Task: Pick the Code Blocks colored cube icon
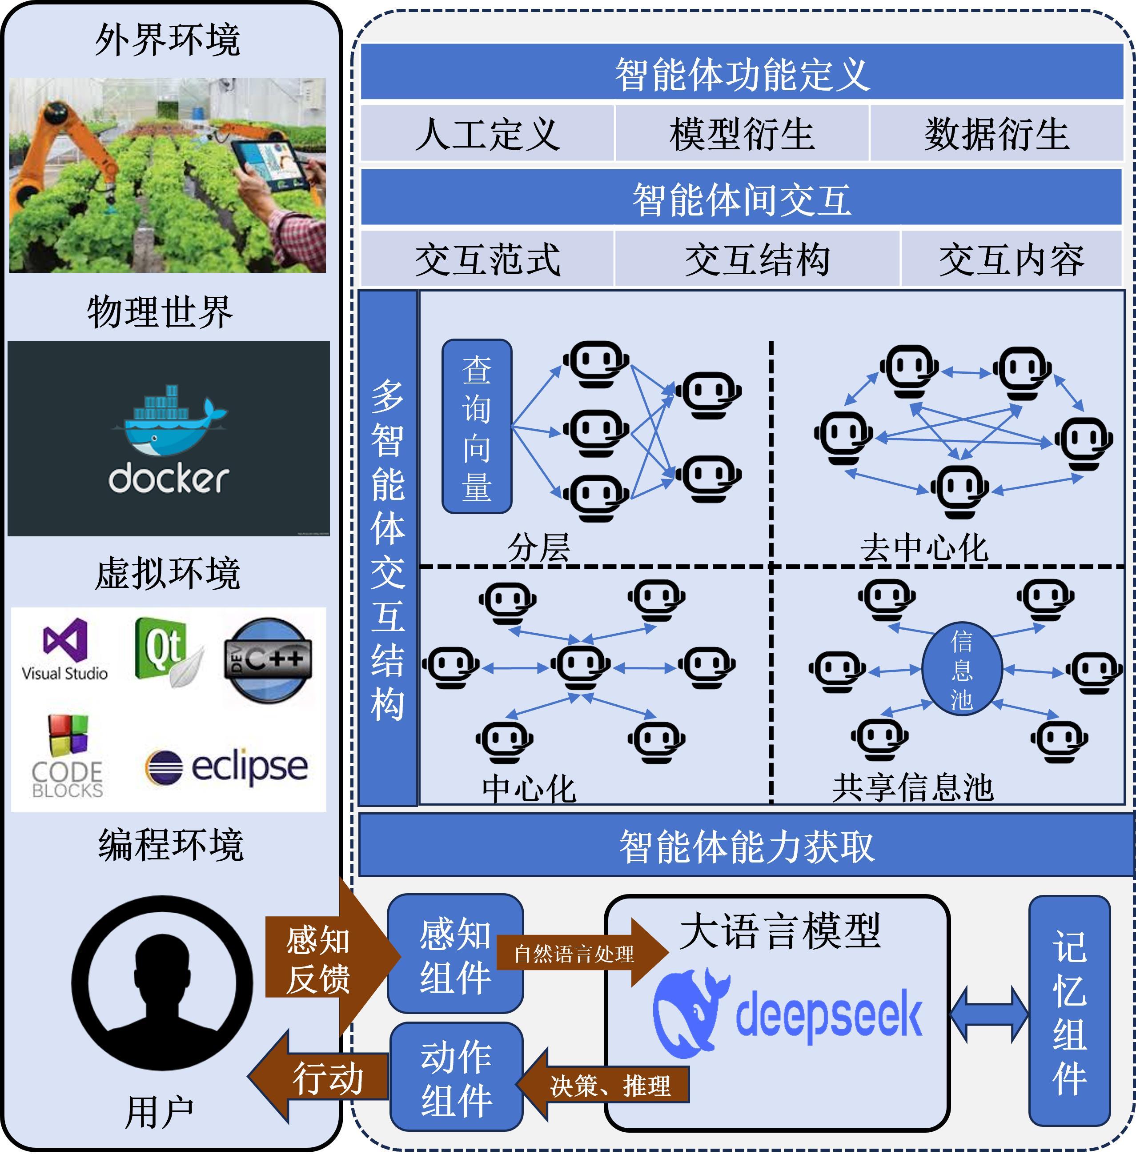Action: [x=68, y=734]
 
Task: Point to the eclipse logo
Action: [x=227, y=767]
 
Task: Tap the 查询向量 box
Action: [x=477, y=427]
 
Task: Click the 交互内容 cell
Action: [x=1012, y=260]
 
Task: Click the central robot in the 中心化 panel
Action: [x=579, y=666]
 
